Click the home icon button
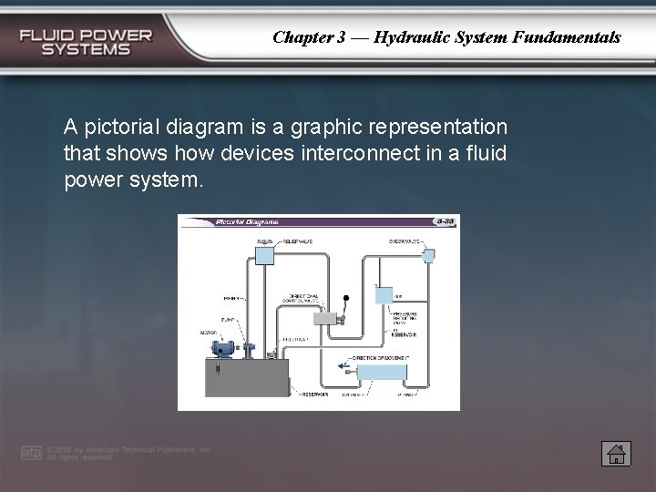pos(616,453)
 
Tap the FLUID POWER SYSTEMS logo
pos(87,42)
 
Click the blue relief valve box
pos(264,252)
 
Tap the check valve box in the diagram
pos(429,256)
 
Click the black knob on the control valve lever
pos(346,298)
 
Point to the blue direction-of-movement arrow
pos(344,367)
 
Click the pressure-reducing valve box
pos(384,296)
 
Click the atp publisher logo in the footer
pos(31,453)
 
